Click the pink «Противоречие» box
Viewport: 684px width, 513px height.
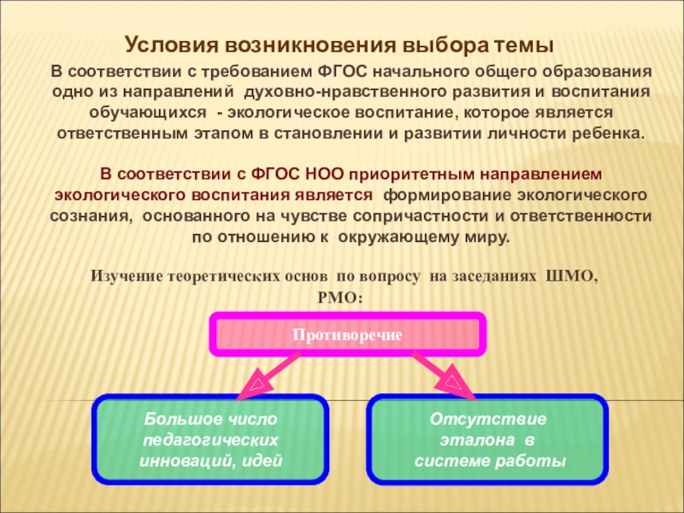pyautogui.click(x=348, y=334)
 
